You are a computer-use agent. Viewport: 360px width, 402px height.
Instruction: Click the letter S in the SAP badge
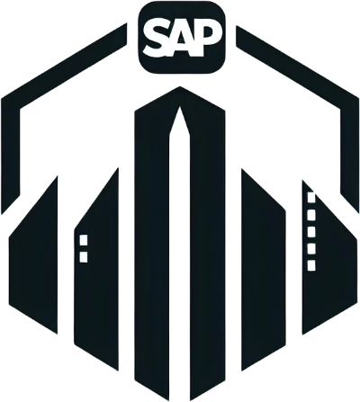[x=157, y=39]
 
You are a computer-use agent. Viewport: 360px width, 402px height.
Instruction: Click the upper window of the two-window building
[x=84, y=240]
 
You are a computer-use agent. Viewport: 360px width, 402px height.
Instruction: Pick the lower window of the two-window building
[x=84, y=257]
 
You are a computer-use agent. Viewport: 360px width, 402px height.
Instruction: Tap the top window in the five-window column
[x=311, y=197]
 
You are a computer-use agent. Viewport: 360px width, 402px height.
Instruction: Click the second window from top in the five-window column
[x=311, y=215]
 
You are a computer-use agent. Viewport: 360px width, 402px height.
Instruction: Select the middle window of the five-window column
[x=311, y=231]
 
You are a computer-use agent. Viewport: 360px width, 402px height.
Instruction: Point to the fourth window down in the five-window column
[x=311, y=248]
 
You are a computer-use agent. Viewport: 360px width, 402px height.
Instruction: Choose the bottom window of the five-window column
[x=311, y=265]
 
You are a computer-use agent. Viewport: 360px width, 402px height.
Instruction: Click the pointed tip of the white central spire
[x=180, y=107]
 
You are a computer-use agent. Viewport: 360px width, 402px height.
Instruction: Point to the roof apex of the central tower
[x=180, y=87]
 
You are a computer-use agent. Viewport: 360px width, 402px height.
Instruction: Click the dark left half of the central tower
[x=152, y=246]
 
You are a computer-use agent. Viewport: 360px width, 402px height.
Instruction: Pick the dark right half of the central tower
[x=208, y=246]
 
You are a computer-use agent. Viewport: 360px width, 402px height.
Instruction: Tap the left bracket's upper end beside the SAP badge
[x=126, y=34]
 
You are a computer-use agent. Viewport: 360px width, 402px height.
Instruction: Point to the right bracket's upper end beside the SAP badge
[x=237, y=37]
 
